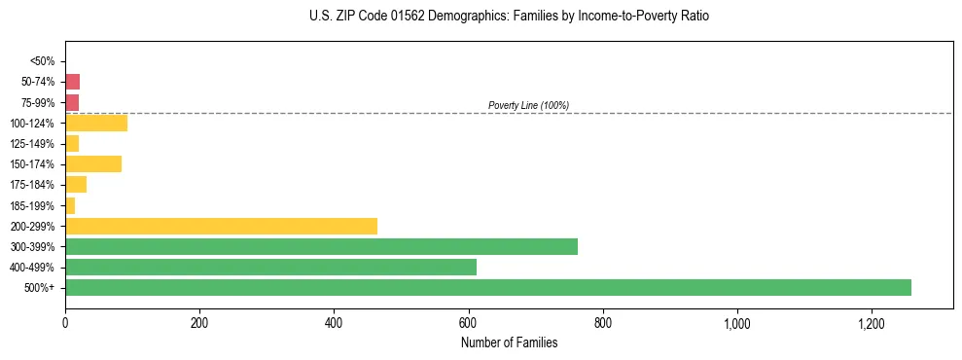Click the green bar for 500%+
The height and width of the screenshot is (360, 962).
[487, 287]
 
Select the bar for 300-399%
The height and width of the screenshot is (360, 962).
[321, 246]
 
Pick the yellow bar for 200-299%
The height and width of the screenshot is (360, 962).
[221, 226]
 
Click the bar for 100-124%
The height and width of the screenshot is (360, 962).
[96, 124]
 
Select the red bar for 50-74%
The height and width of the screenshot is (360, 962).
[72, 82]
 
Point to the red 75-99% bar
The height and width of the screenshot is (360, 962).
[72, 102]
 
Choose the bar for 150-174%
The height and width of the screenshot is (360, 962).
[93, 164]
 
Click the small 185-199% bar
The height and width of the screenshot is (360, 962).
[70, 205]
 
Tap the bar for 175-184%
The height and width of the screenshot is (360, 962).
[76, 185]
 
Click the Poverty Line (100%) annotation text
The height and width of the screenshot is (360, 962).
[528, 105]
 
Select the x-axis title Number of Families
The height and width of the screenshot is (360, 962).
[509, 342]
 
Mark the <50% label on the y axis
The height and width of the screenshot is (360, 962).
[43, 61]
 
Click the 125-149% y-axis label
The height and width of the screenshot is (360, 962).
[32, 144]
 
